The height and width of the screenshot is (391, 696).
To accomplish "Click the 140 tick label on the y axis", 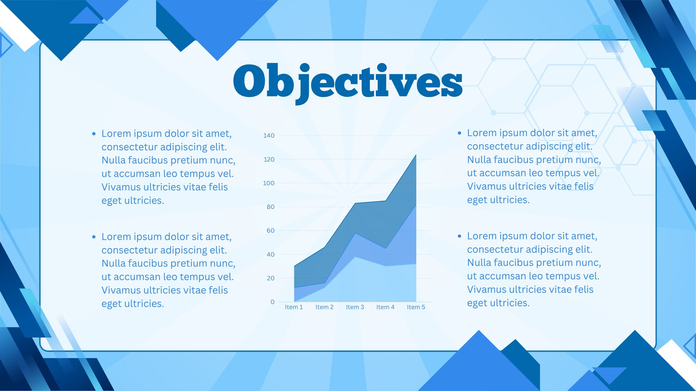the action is point(269,135).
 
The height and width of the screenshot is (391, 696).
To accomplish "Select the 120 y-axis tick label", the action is point(269,159).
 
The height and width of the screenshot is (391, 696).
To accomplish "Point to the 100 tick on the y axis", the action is point(269,183).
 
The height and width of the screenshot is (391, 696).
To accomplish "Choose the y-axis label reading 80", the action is point(271,207).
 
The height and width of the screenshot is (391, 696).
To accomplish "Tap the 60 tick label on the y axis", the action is point(271,231).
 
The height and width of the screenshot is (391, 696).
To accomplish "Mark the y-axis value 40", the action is point(271,255).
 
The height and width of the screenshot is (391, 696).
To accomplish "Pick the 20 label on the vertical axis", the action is point(271,278).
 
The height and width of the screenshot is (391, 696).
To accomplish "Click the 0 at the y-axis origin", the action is point(272,302).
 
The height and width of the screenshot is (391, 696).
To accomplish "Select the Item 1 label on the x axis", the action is point(294,307).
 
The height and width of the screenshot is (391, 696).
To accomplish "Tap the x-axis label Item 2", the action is point(325,307).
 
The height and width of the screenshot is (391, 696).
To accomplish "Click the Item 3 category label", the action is point(355,307).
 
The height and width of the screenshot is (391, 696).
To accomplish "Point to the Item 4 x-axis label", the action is point(385,307).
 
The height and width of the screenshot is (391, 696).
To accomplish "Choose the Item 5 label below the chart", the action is point(416,307).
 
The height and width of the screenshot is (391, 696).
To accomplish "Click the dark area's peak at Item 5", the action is point(416,155).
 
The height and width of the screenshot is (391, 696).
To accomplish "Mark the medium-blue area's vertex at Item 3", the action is point(355,233).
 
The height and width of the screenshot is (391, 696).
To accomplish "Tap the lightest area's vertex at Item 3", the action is point(355,257).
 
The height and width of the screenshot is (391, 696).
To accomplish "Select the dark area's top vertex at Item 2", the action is point(325,247).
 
